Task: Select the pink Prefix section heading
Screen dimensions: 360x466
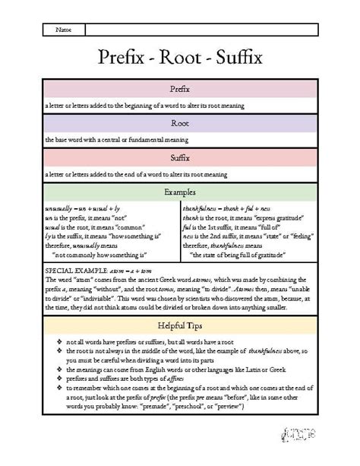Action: pos(179,88)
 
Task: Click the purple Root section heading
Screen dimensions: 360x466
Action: pos(179,122)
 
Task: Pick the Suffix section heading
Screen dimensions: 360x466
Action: pos(179,157)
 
